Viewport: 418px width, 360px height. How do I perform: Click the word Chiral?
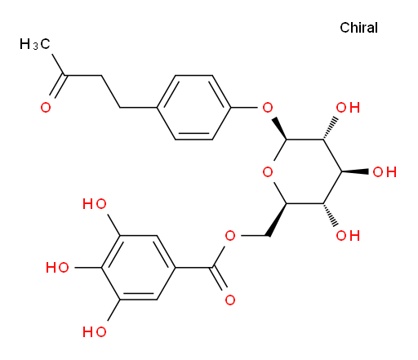pyautogui.click(x=358, y=28)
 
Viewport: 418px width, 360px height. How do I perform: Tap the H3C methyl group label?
pyautogui.click(x=35, y=44)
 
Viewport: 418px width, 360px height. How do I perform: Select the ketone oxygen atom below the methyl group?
pyautogui.click(x=46, y=108)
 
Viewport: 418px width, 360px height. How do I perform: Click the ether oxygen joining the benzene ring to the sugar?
pyautogui.click(x=268, y=108)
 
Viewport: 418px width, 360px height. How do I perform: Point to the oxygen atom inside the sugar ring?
pyautogui.click(x=268, y=172)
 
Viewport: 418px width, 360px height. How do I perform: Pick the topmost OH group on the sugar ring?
pyautogui.click(x=348, y=108)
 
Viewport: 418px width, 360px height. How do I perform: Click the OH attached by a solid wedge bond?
pyautogui.click(x=385, y=172)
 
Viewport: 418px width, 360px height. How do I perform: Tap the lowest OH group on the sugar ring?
pyautogui.click(x=348, y=236)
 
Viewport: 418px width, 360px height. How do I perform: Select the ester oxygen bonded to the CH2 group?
pyautogui.click(x=230, y=236)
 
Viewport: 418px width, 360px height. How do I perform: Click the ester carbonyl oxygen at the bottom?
pyautogui.click(x=230, y=300)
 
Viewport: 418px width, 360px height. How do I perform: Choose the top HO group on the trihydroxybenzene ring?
pyautogui.click(x=94, y=204)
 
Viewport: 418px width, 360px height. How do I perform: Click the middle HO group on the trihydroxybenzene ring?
pyautogui.click(x=57, y=268)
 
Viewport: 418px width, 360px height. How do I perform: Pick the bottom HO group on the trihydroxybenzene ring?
pyautogui.click(x=94, y=332)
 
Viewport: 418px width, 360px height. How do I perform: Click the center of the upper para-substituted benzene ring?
pyautogui.click(x=193, y=108)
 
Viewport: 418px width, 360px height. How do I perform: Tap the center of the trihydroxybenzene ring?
pyautogui.click(x=138, y=268)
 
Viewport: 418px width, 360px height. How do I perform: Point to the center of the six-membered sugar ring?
pyautogui.click(x=305, y=171)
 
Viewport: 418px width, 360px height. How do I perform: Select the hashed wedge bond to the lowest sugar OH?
pyautogui.click(x=330, y=215)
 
